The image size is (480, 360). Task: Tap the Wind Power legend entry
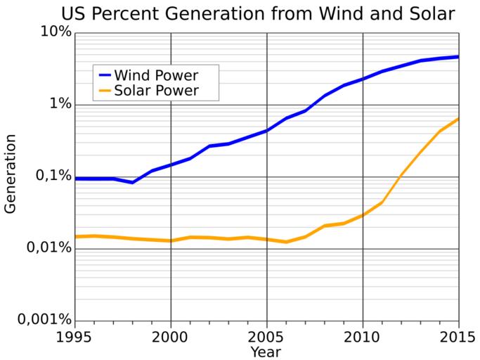155,75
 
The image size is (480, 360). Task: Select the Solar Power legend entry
156,90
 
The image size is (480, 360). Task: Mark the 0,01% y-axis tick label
46,247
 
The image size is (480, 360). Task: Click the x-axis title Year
266,351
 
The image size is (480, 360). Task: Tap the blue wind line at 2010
363,79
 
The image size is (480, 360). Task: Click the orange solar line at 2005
266,239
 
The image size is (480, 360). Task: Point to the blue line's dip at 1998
133,182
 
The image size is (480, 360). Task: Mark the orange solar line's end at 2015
458,119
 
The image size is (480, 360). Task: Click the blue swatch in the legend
105,75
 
